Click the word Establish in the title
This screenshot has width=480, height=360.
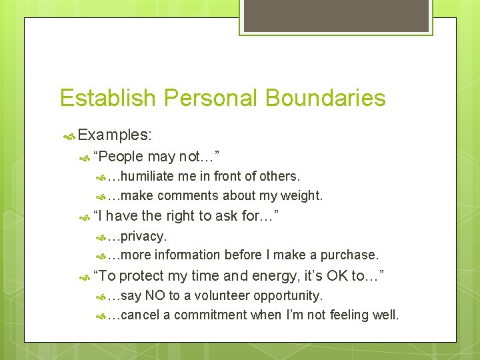coord(107,98)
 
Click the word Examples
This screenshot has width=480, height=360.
coord(114,135)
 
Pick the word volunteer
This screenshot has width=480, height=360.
coord(217,295)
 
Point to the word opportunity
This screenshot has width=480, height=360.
coord(289,295)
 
